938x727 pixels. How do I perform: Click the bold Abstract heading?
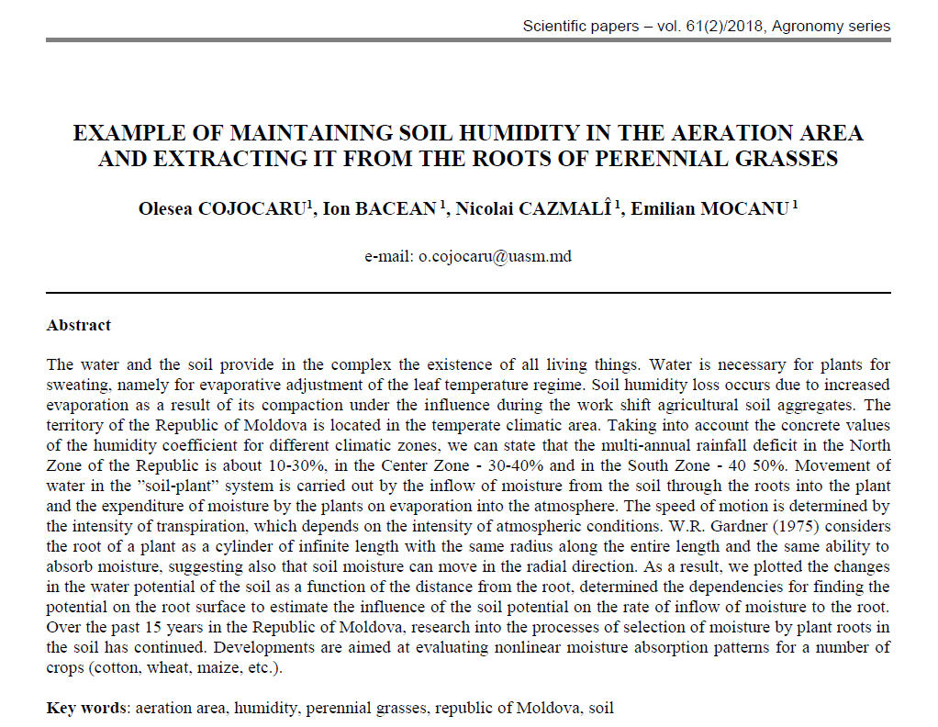[79, 325]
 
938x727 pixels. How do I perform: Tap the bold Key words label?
[87, 709]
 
